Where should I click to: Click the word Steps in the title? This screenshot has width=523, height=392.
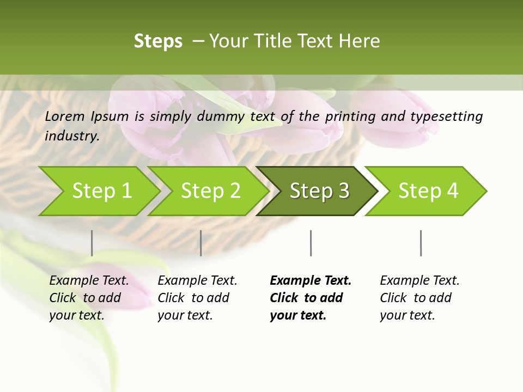point(158,41)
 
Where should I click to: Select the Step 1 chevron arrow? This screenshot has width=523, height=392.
point(101,191)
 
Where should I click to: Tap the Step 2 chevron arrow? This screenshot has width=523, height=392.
point(210,191)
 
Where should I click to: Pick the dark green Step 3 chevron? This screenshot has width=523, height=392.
point(319,191)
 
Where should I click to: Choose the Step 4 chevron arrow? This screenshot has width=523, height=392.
point(428,191)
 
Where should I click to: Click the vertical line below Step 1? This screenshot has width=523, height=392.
point(92,243)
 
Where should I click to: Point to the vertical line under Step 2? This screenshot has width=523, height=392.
point(201,243)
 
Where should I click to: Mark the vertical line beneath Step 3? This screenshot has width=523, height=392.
point(311,243)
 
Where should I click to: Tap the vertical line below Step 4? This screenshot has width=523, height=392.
point(421,243)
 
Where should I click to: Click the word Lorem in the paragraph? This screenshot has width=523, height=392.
point(65,117)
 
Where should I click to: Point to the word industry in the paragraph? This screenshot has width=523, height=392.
point(72,136)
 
